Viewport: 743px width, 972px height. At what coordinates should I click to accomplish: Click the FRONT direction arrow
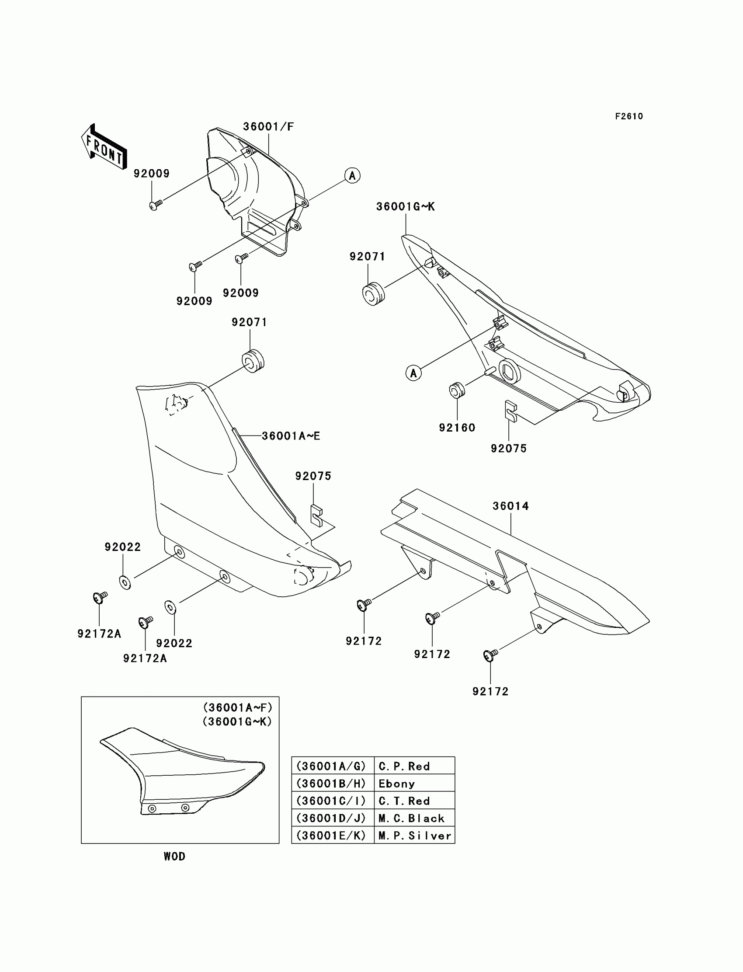pos(104,147)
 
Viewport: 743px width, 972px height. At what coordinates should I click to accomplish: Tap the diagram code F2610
pos(628,116)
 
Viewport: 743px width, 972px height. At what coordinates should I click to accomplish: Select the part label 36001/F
pos(268,126)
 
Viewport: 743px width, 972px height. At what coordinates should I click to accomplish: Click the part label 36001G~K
pos(405,207)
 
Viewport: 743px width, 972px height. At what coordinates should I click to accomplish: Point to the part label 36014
pos(510,506)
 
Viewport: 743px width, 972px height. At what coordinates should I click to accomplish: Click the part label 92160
pos(457,427)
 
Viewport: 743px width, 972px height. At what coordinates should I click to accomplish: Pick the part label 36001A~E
pos(291,436)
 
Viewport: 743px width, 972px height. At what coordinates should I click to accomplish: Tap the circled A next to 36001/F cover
pos(352,176)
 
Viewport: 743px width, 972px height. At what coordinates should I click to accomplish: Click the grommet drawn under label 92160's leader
pos(456,390)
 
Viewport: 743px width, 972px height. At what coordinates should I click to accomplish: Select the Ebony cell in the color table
pos(397,784)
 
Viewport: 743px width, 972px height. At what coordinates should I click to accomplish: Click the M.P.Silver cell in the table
pos(414,836)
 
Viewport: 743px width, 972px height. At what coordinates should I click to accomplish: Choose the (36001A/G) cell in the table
pos(331,766)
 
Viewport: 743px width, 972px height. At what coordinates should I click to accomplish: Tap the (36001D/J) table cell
pos(331,819)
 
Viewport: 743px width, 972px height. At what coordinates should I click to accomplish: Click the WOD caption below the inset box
pos(174,857)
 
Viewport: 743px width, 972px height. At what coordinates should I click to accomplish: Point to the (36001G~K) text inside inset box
pos(237,721)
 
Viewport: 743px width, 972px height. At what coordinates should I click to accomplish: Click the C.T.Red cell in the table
pos(404,801)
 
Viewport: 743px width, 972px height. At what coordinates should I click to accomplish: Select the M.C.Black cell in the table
pos(411,819)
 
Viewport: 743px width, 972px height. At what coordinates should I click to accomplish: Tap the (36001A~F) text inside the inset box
pos(237,707)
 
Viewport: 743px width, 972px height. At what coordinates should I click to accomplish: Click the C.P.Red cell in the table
pos(404,766)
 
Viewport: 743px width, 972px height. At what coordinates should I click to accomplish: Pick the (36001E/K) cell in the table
pos(331,836)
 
